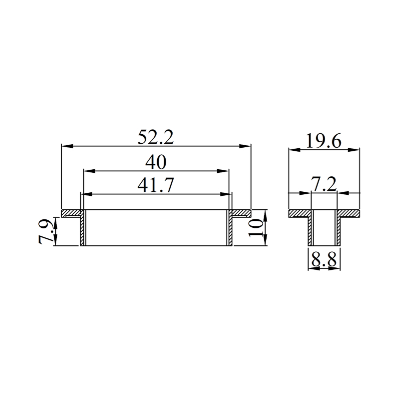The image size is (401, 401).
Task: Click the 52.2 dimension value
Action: pos(156,137)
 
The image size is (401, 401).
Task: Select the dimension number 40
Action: pos(156,162)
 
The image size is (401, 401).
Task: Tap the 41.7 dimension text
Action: pos(156,185)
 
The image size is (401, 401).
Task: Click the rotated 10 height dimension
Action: pos(256,228)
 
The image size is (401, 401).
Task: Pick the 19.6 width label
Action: pos(323,141)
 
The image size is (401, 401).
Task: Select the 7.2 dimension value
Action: pos(324,184)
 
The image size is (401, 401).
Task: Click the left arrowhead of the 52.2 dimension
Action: pos(67,146)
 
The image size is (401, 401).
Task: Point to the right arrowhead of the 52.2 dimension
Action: pos(245,146)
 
